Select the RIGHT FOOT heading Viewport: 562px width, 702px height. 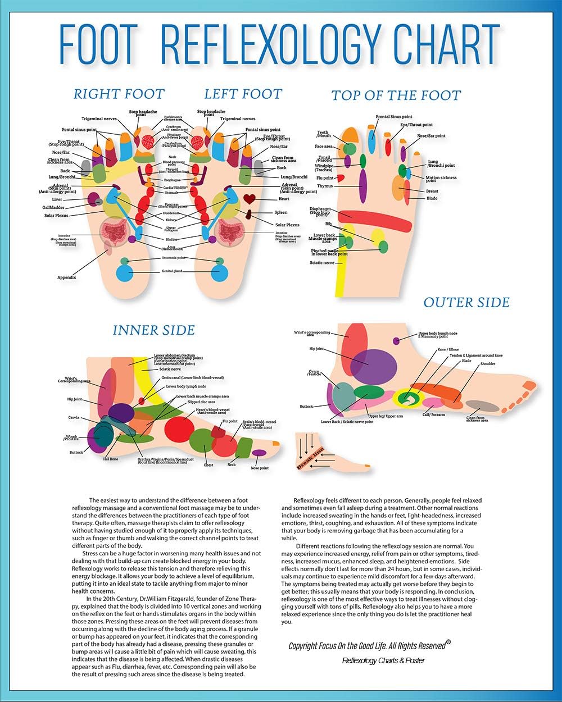coord(119,94)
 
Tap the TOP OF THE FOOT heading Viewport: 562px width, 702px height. coord(396,95)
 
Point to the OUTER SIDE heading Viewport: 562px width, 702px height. coord(466,302)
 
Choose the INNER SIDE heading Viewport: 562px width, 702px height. coord(154,330)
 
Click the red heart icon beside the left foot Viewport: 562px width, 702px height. coord(250,198)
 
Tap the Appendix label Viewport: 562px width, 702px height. coord(66,277)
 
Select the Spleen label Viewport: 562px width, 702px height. coord(282,212)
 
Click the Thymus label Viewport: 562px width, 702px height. coord(325,186)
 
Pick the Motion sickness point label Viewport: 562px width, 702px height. coord(441,179)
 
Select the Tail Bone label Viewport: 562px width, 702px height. coord(110,459)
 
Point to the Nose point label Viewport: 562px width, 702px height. coord(260,468)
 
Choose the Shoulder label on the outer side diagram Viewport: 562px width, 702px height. coord(488,364)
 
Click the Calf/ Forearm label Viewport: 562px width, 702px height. coord(434,415)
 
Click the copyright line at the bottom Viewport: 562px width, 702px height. coord(367,646)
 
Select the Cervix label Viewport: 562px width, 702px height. coord(75,418)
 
